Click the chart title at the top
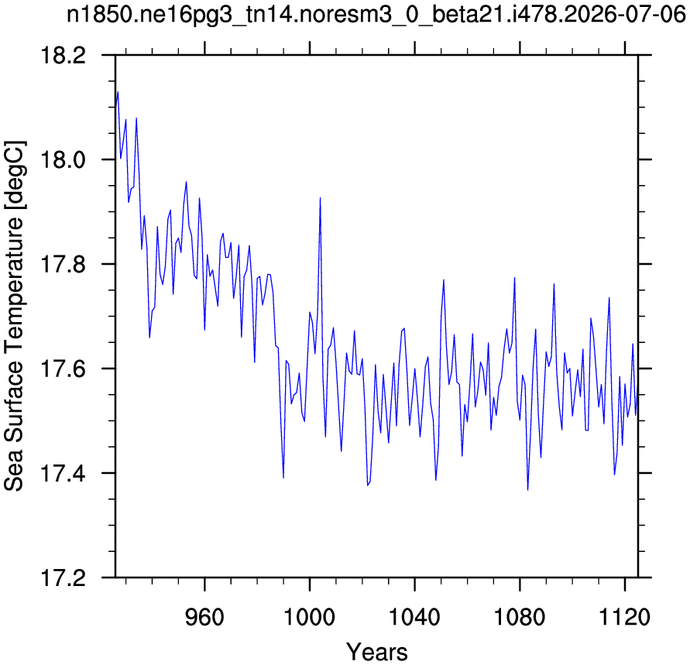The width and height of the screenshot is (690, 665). click(x=376, y=15)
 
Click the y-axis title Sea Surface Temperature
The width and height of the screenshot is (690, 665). click(x=14, y=315)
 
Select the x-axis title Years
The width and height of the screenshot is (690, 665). click(x=376, y=652)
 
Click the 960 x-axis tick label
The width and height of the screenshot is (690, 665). click(x=204, y=617)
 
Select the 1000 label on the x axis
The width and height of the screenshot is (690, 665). click(x=310, y=617)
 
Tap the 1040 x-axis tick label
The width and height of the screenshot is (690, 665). click(x=414, y=617)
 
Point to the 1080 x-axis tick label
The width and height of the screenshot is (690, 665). click(x=520, y=617)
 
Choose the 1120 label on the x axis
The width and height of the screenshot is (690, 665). click(x=624, y=617)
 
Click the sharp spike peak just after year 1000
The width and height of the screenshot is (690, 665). click(x=321, y=198)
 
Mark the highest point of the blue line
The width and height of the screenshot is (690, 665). click(x=118, y=92)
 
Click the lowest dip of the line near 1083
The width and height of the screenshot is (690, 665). click(x=527, y=490)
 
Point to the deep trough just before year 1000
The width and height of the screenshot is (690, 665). click(x=283, y=478)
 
